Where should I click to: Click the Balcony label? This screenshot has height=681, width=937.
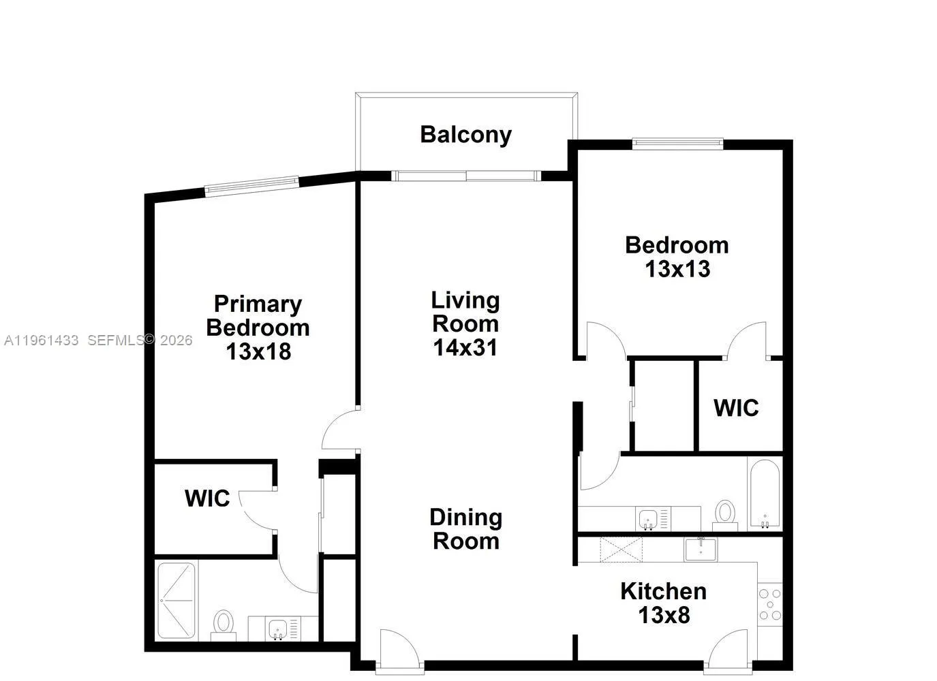[x=465, y=135]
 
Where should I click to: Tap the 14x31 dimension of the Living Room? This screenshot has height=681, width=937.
[x=465, y=348]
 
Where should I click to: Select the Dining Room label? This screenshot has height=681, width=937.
[x=466, y=529]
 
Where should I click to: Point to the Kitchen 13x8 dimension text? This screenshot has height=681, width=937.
[x=664, y=616]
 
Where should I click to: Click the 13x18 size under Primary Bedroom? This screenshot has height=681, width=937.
[x=258, y=351]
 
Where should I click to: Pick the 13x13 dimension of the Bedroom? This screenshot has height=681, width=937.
[x=677, y=269]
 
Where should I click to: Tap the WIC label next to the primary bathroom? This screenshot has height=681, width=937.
[x=207, y=498]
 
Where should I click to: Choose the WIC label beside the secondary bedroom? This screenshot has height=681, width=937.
[x=736, y=408]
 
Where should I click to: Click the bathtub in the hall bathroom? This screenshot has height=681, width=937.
[x=765, y=494]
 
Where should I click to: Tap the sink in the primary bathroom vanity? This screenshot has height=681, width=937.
[x=278, y=629]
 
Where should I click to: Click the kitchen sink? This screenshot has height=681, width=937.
[x=701, y=548]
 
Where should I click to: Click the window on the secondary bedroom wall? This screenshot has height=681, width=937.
[x=677, y=143]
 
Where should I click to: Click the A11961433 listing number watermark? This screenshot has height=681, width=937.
[x=41, y=340]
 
